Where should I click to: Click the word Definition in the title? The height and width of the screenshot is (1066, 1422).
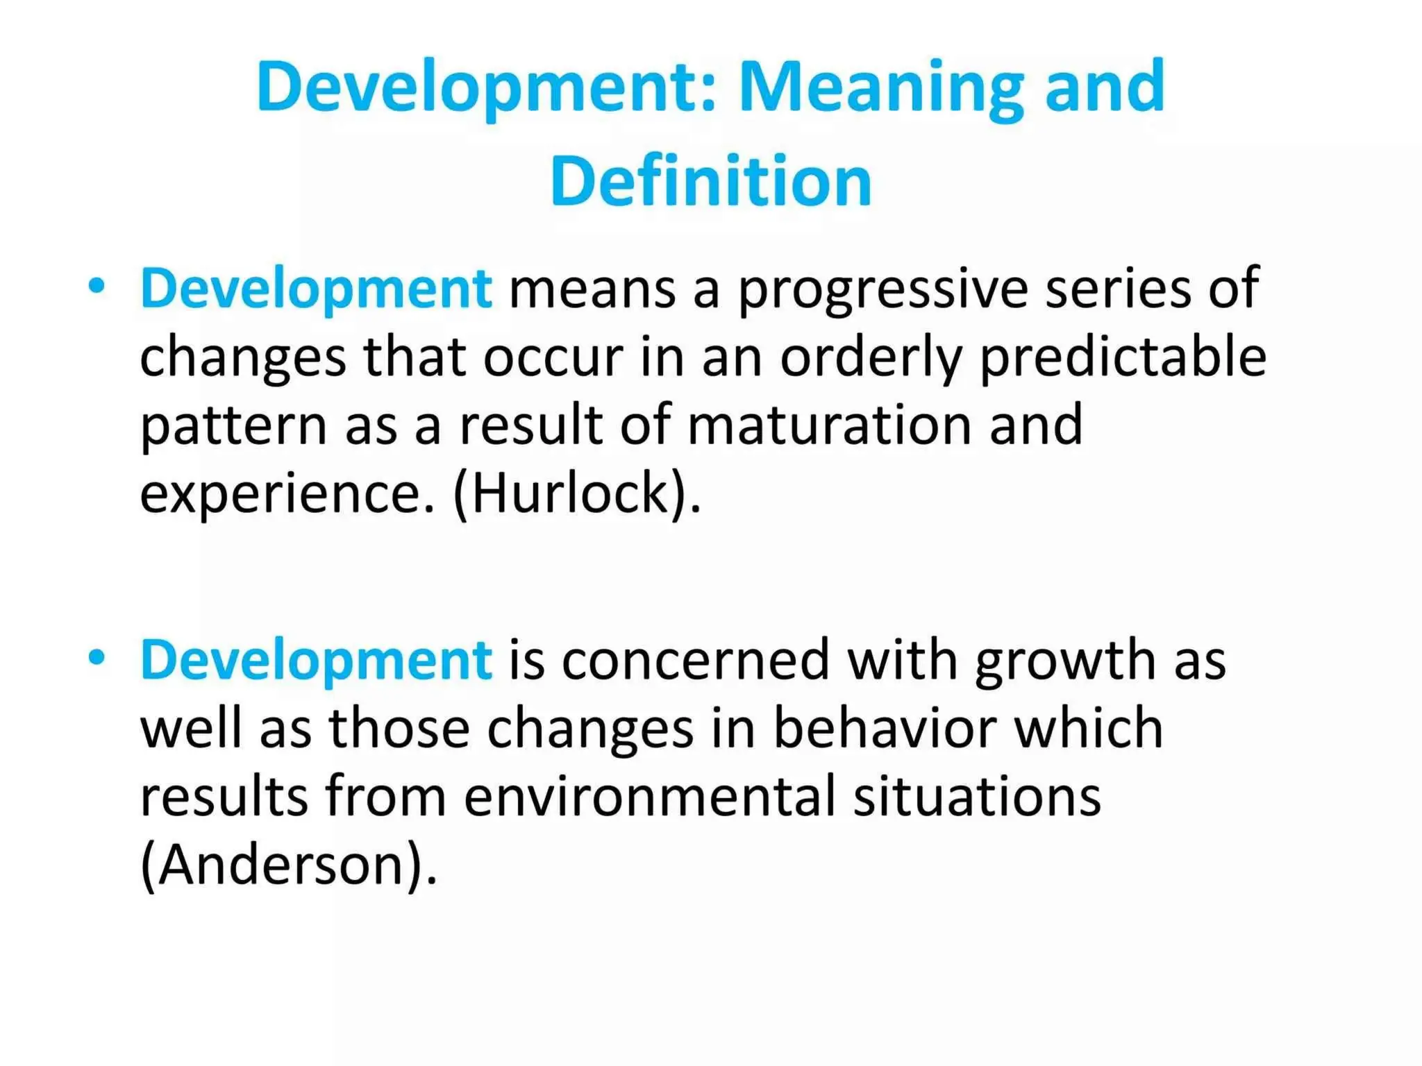click(710, 182)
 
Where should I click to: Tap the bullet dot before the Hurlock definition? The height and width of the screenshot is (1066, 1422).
click(97, 285)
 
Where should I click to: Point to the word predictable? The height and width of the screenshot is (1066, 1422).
click(1123, 358)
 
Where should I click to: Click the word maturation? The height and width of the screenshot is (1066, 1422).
click(829, 425)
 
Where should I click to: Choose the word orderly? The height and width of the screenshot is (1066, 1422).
click(871, 358)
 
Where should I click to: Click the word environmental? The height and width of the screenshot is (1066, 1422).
click(649, 796)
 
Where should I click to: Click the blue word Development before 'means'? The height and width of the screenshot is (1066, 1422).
click(316, 289)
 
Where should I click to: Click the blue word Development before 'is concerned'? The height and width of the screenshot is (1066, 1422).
click(316, 660)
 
